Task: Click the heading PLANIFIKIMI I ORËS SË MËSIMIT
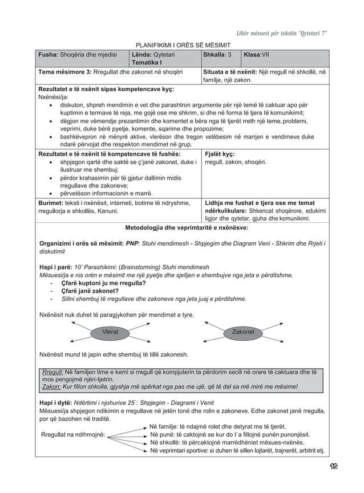(x=182, y=45)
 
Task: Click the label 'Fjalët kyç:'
(x=220, y=153)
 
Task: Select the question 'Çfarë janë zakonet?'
(x=90, y=291)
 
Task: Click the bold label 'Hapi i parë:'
(x=55, y=267)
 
